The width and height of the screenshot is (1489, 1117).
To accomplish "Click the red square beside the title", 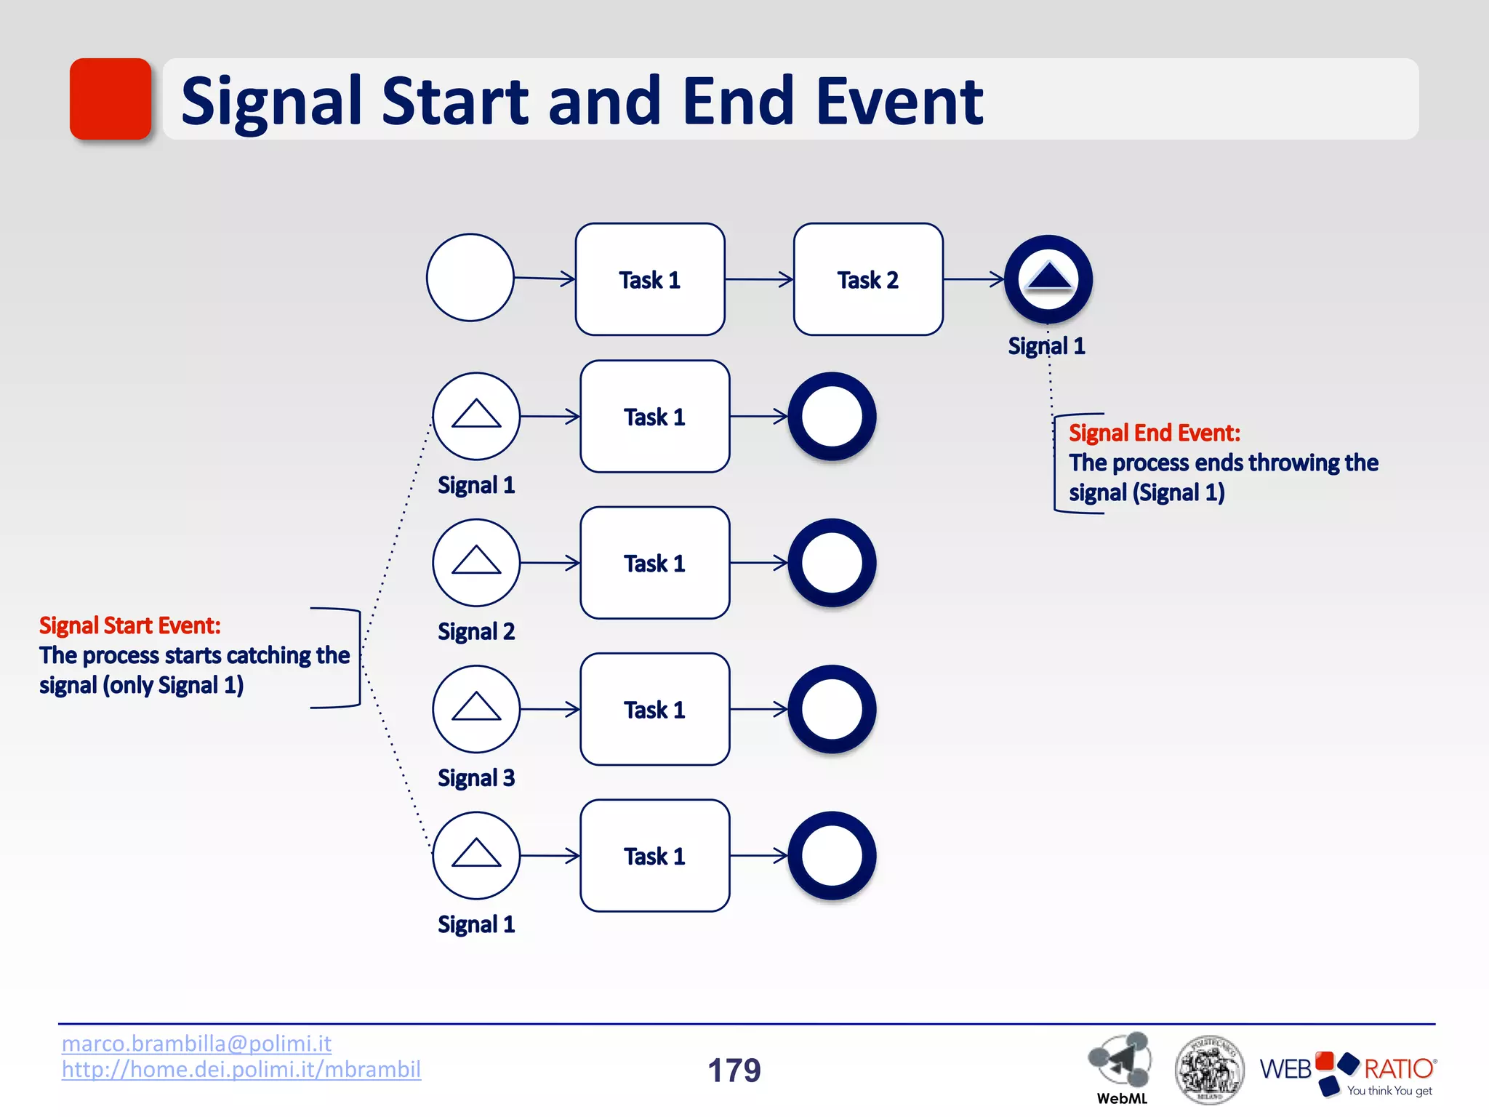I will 111,99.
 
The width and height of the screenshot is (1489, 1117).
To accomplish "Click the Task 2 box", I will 868,279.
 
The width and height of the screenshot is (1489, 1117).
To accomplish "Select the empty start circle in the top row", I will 470,277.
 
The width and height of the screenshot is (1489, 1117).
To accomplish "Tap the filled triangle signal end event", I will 1048,279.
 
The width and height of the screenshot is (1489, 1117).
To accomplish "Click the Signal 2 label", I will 476,631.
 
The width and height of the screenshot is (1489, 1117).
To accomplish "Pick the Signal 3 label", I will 476,778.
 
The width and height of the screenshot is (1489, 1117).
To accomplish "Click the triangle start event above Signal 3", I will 476,709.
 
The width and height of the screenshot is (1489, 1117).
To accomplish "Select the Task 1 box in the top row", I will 650,279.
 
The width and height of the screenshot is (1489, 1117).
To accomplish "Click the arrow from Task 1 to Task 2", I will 759,279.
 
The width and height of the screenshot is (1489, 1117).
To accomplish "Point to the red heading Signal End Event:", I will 1154,433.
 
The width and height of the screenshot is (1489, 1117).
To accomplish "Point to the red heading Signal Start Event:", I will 129,625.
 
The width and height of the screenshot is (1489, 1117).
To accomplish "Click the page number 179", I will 734,1070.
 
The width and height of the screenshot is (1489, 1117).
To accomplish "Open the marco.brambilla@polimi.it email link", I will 196,1044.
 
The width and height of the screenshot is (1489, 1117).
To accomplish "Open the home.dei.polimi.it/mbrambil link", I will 241,1070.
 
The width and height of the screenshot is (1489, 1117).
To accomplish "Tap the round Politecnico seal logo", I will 1208,1070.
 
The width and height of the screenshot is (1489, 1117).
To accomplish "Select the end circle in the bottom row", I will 832,856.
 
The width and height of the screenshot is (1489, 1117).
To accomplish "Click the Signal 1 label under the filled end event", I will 1046,346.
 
